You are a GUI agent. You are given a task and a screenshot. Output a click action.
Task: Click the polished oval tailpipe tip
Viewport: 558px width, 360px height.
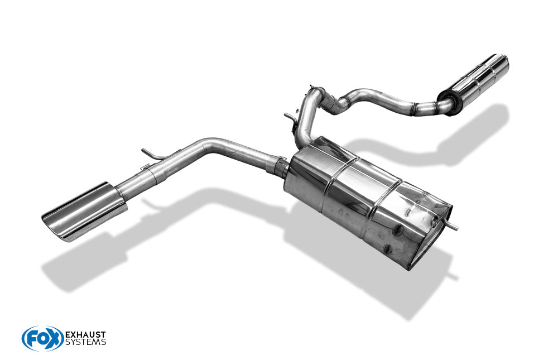click(84, 211)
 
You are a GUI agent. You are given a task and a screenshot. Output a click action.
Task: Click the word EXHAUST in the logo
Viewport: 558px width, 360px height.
click(85, 335)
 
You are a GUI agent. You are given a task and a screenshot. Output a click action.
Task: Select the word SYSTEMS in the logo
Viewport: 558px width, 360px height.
click(85, 343)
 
